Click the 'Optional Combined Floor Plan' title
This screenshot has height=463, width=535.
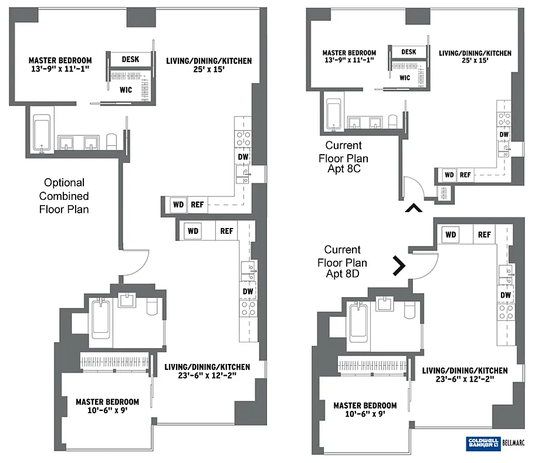64,196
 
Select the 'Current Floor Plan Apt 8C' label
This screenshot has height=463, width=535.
343,157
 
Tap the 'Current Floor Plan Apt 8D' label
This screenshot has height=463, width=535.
342,262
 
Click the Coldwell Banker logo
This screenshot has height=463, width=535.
483,443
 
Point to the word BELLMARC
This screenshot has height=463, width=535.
513,443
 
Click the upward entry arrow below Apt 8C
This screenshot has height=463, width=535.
414,207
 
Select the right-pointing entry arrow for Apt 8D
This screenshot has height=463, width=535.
399,265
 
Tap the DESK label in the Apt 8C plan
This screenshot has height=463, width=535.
409,52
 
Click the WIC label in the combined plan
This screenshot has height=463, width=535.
126,90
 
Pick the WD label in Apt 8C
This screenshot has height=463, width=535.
449,175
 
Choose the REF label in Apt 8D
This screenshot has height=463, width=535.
484,234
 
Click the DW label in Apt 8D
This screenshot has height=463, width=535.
506,295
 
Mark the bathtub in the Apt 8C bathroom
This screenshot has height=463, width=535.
333,114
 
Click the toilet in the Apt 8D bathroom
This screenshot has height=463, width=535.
409,309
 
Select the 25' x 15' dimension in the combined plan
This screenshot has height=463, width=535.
209,70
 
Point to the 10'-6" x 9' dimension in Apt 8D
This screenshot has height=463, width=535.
365,414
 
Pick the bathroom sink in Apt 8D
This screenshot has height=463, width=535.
385,304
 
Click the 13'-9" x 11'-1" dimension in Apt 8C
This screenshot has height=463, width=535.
349,60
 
